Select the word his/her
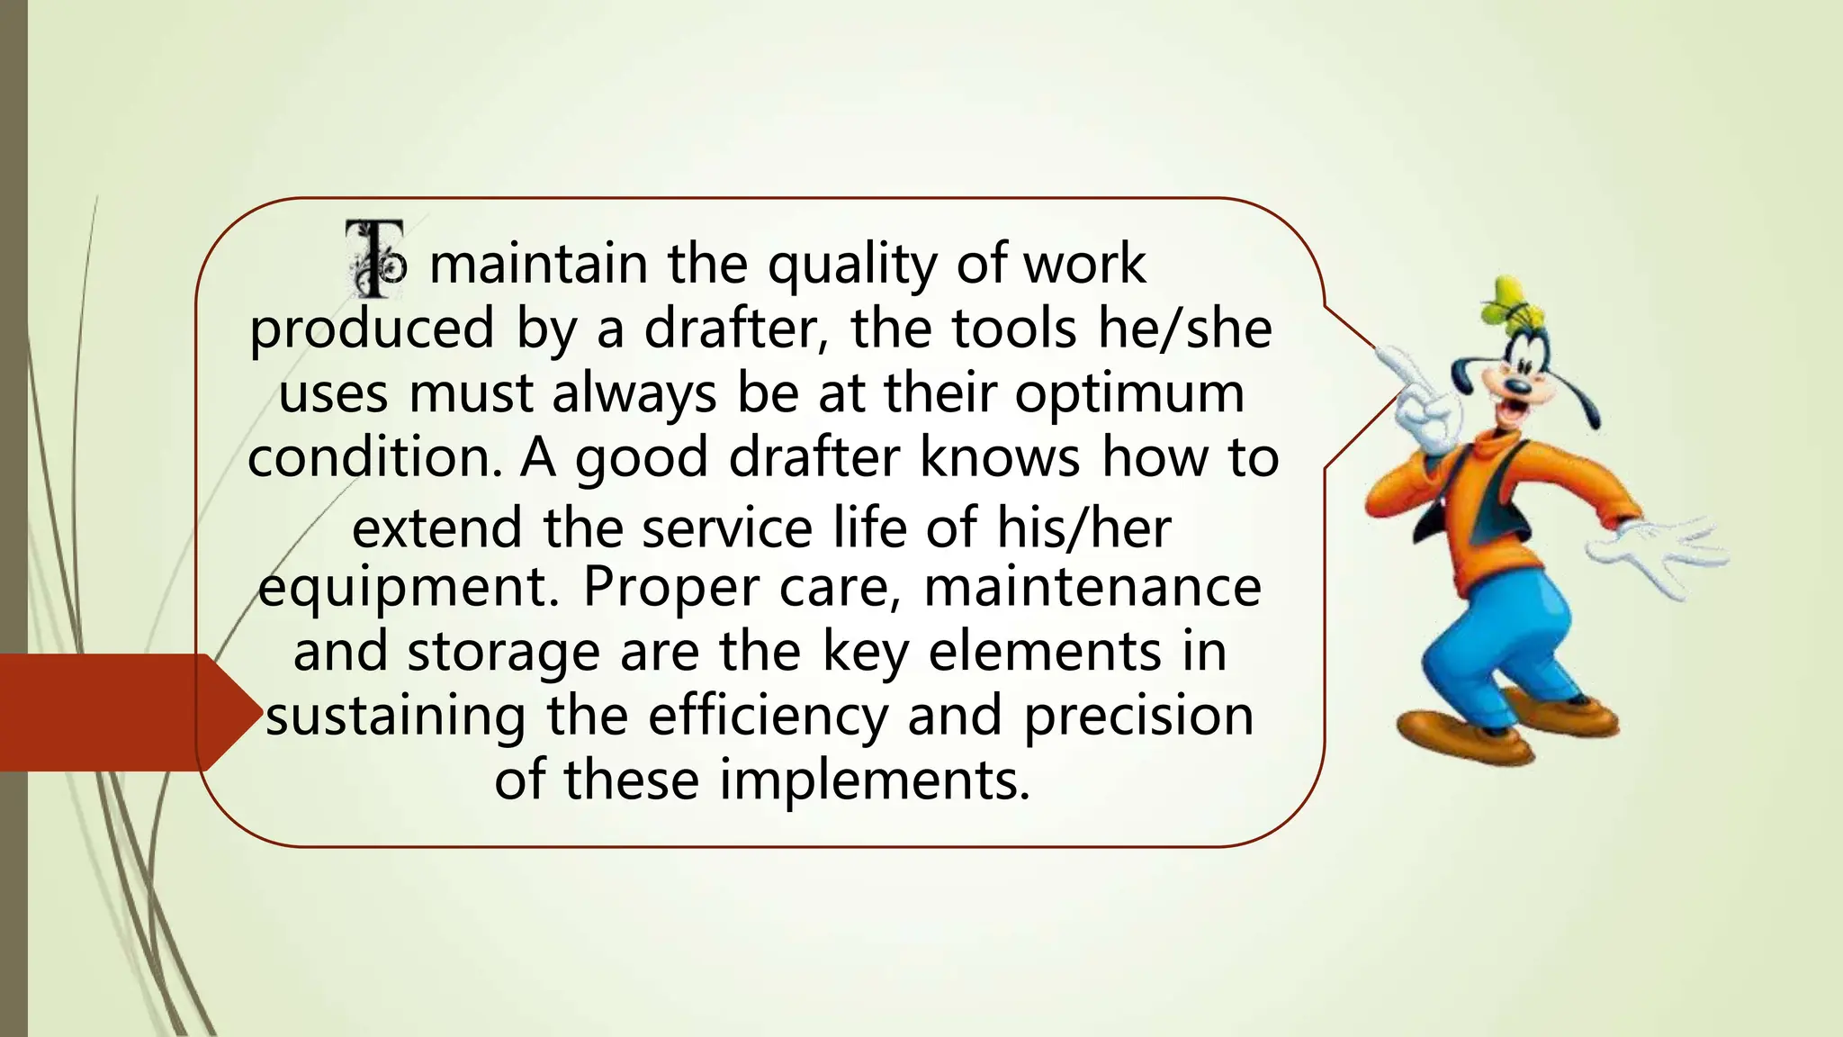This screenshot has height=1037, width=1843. [x=1083, y=528]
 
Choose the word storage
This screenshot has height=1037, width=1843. [x=503, y=652]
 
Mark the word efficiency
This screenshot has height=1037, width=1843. [x=767, y=717]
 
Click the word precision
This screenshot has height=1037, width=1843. [x=1138, y=717]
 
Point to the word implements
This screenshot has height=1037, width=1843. [x=873, y=780]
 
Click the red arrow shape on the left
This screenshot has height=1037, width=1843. [x=117, y=712]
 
